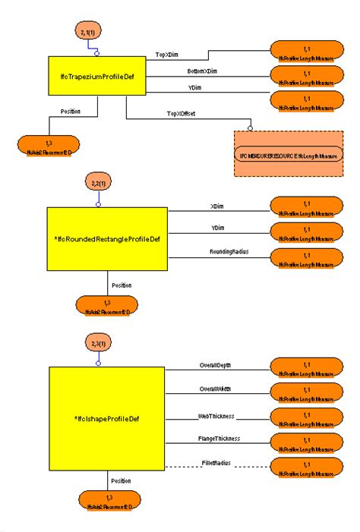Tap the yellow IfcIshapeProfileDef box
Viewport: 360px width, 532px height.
(106, 418)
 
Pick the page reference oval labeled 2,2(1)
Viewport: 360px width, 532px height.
(96, 184)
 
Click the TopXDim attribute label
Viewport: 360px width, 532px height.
(166, 55)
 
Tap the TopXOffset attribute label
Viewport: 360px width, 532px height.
(182, 113)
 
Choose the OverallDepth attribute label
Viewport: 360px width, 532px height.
(216, 365)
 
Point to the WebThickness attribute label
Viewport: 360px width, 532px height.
(216, 417)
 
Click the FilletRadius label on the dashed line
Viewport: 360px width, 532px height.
(216, 462)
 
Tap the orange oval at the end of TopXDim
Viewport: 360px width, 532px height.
(307, 51)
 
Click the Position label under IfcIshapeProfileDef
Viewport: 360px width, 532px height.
(120, 480)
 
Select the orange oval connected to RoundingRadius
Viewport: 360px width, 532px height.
(307, 258)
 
